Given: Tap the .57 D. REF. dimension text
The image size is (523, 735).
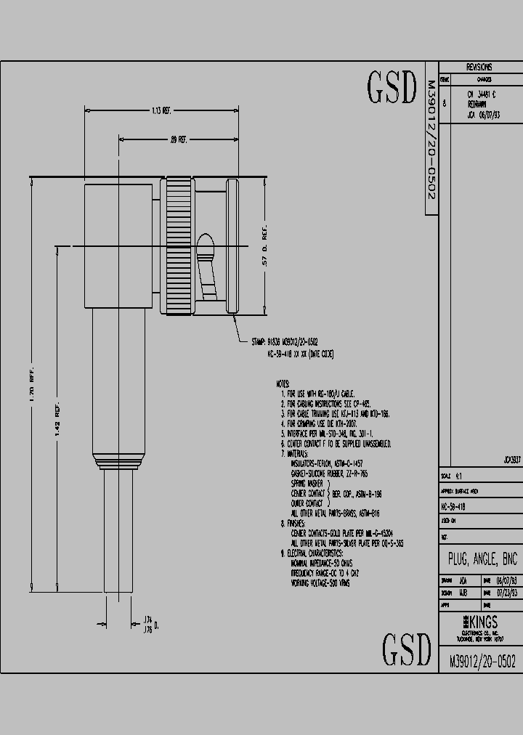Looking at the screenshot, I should coord(265,251).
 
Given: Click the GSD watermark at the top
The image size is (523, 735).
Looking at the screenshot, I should coord(391,89).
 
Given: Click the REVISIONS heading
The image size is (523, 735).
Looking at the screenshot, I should coord(479,67).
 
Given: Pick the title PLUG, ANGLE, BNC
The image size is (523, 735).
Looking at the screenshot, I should coord(479,560).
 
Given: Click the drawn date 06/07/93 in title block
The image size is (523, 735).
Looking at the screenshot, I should coord(506,581).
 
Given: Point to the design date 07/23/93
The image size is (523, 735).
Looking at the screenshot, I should coord(506,593).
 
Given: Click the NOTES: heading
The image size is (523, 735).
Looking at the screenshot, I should coord(283,383).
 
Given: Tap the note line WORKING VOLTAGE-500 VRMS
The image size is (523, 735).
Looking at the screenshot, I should coord(320,583).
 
